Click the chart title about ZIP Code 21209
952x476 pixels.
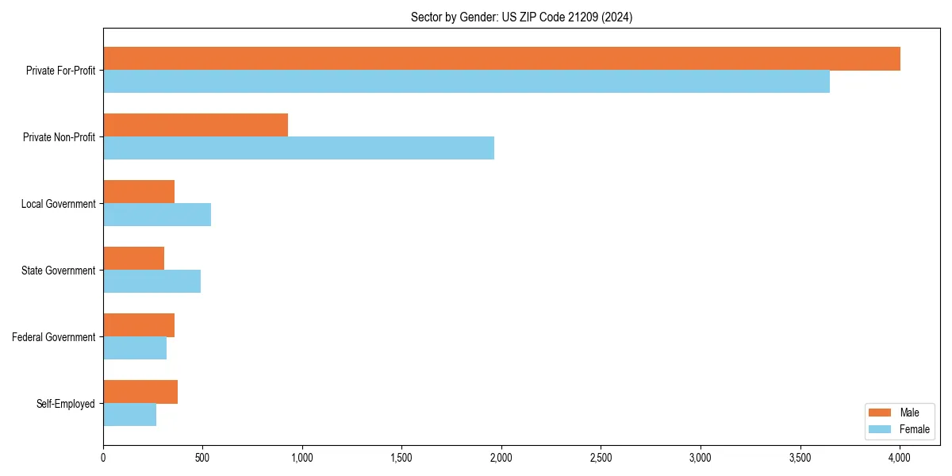pyautogui.click(x=521, y=17)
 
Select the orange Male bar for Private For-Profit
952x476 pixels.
pyautogui.click(x=501, y=59)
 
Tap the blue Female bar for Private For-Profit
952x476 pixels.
pyautogui.click(x=466, y=82)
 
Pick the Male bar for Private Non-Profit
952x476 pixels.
pyautogui.click(x=195, y=125)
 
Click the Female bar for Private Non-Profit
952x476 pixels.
pyautogui.click(x=298, y=148)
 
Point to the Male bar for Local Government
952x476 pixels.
pyautogui.click(x=139, y=192)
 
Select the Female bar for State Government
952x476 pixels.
pyautogui.click(x=152, y=282)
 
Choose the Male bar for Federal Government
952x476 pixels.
pyautogui.click(x=139, y=325)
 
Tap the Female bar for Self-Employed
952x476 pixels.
pyautogui.click(x=129, y=415)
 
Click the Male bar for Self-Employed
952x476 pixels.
pyautogui.click(x=140, y=392)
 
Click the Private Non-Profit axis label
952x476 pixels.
pyautogui.click(x=59, y=137)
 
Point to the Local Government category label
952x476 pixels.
pyautogui.click(x=58, y=204)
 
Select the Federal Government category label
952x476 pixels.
pyautogui.click(x=54, y=337)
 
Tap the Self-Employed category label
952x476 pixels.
pyautogui.click(x=65, y=404)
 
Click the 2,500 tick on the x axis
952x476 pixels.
pyautogui.click(x=601, y=458)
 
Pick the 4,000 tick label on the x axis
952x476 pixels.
pyautogui.click(x=900, y=458)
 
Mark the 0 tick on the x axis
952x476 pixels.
pyautogui.click(x=103, y=458)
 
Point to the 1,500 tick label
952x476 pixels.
pyautogui.click(x=401, y=458)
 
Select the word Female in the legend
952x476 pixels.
pyautogui.click(x=914, y=429)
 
